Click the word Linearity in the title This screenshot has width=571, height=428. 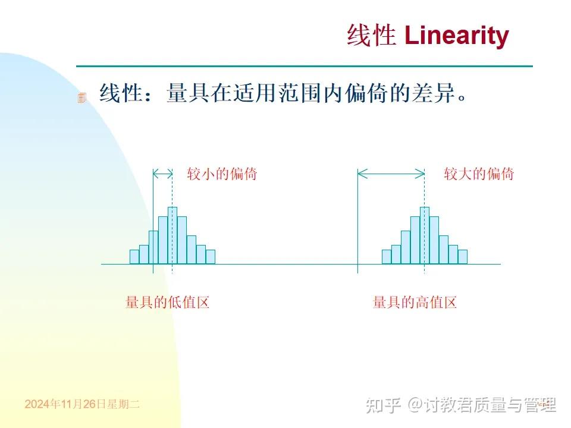click(456, 36)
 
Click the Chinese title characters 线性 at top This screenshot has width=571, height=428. click(371, 36)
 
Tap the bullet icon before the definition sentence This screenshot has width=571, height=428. click(82, 97)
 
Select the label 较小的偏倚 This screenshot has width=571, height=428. click(222, 174)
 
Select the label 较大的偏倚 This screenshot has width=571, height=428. click(479, 174)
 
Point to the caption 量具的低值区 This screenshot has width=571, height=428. click(168, 303)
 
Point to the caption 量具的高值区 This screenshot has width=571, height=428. click(415, 303)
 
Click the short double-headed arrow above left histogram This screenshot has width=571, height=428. click(162, 174)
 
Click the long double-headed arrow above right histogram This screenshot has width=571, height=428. click(391, 174)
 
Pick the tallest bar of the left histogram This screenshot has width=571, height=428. click(172, 235)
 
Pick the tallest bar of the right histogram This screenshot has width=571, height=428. click(425, 235)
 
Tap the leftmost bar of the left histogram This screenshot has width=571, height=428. click(134, 257)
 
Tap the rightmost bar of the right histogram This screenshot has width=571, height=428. click(463, 257)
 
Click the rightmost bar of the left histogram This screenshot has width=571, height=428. click(210, 257)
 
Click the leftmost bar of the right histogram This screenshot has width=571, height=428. click(387, 257)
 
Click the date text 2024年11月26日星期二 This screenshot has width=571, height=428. click(82, 404)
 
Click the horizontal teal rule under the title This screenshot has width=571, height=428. click(304, 66)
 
